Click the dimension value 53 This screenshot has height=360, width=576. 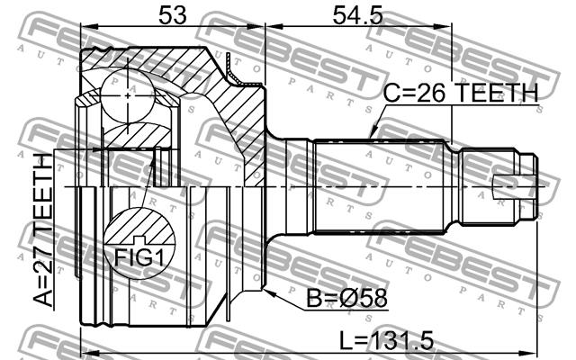[172, 15]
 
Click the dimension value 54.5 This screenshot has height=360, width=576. [357, 15]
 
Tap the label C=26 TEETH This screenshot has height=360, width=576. [461, 93]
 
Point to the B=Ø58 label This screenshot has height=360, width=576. [346, 298]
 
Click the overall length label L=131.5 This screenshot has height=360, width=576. [386, 341]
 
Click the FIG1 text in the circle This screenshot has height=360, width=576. [139, 256]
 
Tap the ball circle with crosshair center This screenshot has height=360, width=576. [128, 95]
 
